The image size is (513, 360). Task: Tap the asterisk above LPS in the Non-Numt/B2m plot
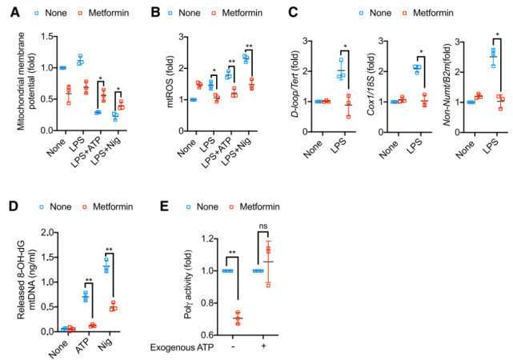498,36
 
